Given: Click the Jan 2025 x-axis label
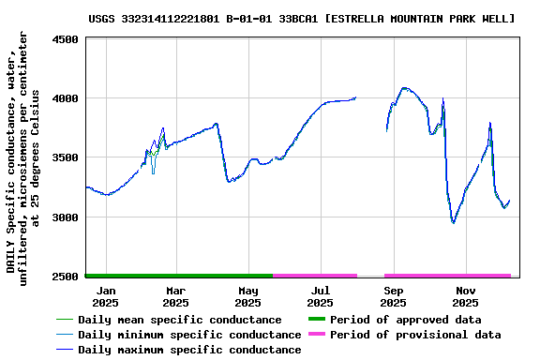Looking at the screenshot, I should [104, 296].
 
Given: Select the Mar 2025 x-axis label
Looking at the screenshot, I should [175, 296].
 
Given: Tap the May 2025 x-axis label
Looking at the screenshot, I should [247, 296].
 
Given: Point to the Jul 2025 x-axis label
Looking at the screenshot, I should [320, 296].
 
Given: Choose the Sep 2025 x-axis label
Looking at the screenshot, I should [393, 296].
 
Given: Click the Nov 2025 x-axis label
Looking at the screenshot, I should [465, 296].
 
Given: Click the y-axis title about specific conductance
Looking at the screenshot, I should [23, 155].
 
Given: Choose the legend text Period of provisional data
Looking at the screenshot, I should [413, 335].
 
